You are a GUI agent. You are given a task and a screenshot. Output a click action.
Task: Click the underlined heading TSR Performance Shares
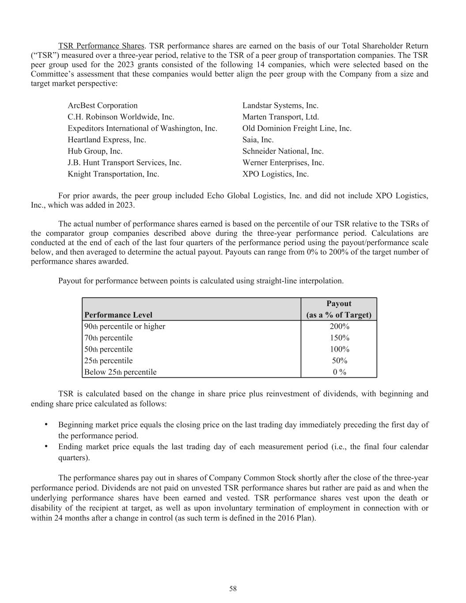pyautogui.click(x=101, y=46)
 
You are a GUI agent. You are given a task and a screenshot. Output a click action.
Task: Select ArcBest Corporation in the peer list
pyautogui.click(x=102, y=106)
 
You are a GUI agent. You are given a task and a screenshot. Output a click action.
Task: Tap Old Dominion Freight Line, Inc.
pyautogui.click(x=297, y=129)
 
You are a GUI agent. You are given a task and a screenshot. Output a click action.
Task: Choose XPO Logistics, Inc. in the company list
pyautogui.click(x=275, y=174)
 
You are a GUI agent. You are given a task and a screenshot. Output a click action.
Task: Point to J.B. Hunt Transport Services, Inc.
pyautogui.click(x=124, y=163)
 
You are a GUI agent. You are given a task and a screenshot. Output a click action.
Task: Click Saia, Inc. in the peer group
pyautogui.click(x=258, y=140)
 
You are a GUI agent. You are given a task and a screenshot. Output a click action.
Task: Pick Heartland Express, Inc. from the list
pyautogui.click(x=106, y=140)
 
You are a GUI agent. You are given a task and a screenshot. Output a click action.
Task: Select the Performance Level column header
pyautogui.click(x=118, y=315)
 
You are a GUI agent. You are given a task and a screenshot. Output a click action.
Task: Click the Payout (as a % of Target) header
pyautogui.click(x=339, y=309)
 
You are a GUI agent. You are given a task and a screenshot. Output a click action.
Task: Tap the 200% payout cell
pyautogui.click(x=339, y=326)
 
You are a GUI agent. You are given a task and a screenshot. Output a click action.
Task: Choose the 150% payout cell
pyautogui.click(x=339, y=338)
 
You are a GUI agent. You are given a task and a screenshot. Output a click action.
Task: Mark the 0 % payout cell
pyautogui.click(x=339, y=372)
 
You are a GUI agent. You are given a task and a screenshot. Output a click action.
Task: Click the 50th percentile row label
pyautogui.click(x=108, y=349)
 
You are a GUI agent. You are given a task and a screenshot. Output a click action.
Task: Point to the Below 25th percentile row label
pyautogui.click(x=120, y=372)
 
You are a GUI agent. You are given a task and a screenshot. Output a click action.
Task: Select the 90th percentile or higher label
pyautogui.click(x=125, y=326)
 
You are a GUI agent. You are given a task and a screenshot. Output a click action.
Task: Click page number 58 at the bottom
pyautogui.click(x=233, y=588)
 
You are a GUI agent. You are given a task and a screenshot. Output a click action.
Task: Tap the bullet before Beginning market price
pyautogui.click(x=46, y=425)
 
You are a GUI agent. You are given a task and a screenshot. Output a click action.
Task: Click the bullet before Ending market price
pyautogui.click(x=46, y=446)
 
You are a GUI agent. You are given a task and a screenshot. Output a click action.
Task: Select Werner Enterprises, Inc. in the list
pyautogui.click(x=283, y=163)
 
